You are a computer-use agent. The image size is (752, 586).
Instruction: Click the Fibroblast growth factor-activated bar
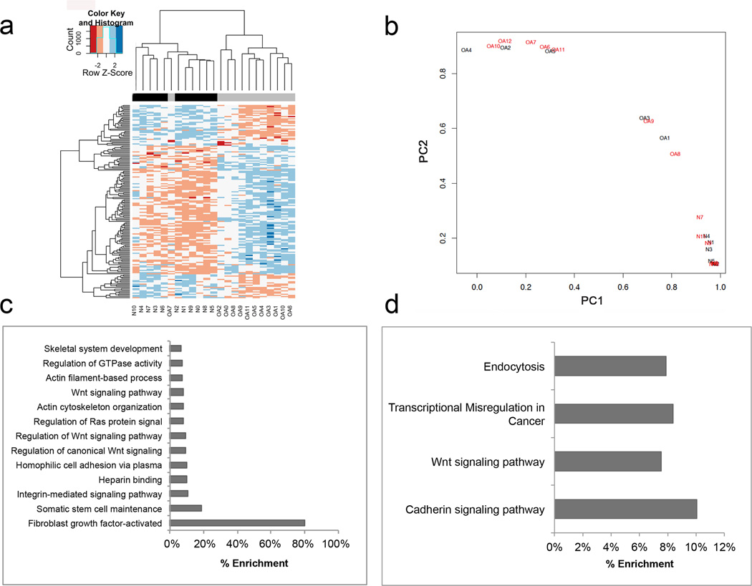pos(238,523)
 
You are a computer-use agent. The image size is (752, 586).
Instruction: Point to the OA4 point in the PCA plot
pos(466,50)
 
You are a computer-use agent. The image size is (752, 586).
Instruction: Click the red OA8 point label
pos(675,154)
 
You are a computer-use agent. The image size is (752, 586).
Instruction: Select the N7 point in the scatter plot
pos(699,218)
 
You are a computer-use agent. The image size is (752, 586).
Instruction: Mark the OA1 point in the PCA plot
pos(665,138)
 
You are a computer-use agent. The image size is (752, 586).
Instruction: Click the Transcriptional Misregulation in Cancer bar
pos(614,414)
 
